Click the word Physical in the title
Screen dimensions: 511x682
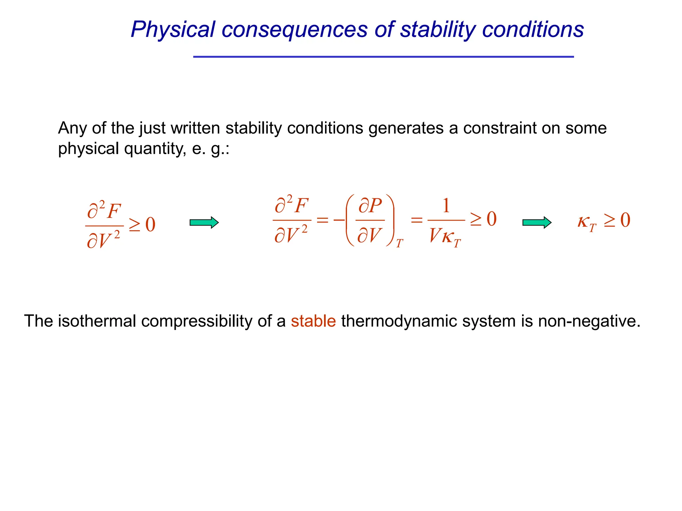tap(173, 30)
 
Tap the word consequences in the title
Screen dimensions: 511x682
tap(294, 30)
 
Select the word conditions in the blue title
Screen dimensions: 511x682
tap(533, 30)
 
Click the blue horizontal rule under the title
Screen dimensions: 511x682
tap(383, 57)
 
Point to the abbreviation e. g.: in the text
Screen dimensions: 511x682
tap(211, 148)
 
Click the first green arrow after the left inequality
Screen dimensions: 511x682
tap(204, 222)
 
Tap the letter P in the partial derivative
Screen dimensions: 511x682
tap(375, 206)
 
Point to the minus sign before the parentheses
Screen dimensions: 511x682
tap(339, 220)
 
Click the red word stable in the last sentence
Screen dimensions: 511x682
tap(313, 321)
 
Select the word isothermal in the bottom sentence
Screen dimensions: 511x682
tap(97, 321)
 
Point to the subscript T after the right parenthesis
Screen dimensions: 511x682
tap(400, 244)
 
